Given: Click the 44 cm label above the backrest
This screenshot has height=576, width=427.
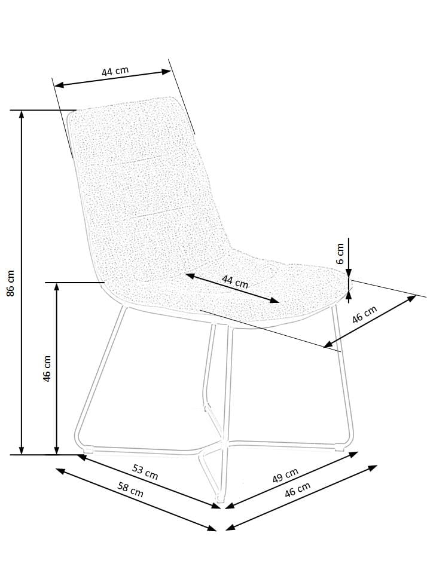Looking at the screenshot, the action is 115,71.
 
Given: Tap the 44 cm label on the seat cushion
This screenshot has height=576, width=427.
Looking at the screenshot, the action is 234,282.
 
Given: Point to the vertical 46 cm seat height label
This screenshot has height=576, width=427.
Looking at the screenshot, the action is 47,368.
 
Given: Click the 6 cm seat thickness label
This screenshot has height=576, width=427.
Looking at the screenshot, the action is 340,253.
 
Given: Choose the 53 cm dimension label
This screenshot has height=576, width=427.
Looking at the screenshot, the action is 145,471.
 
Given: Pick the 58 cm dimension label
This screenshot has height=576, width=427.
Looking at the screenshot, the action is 130,489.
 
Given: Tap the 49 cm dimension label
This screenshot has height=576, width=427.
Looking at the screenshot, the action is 285,476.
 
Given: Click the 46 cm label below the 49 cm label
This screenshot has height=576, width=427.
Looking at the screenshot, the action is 297,489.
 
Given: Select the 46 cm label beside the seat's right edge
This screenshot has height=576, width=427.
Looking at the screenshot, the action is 364,314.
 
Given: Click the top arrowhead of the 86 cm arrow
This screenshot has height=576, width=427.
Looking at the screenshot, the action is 22,114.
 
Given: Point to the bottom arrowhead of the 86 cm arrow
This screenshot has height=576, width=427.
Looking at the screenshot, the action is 22,451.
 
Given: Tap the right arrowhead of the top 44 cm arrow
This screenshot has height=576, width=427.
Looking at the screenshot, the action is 167,72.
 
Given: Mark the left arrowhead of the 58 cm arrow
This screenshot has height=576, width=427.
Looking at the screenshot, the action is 60,471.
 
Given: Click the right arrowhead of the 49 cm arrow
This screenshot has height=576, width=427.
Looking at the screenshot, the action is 353,455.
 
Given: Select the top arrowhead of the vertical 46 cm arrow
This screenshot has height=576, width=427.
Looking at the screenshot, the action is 57,287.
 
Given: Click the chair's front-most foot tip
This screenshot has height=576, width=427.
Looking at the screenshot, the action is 220,500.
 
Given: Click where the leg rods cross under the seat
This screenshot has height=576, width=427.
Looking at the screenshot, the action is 223,439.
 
